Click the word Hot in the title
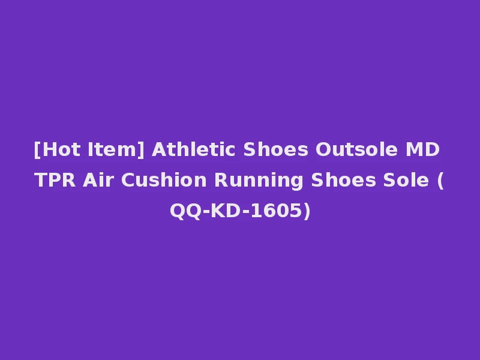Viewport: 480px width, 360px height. coord(60,149)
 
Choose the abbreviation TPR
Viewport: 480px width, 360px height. coord(56,180)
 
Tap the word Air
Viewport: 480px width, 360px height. coord(100,180)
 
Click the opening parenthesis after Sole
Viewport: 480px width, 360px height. coord(441,181)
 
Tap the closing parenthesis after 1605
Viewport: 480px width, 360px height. coord(307,211)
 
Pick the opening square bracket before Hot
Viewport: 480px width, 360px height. coord(37,150)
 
